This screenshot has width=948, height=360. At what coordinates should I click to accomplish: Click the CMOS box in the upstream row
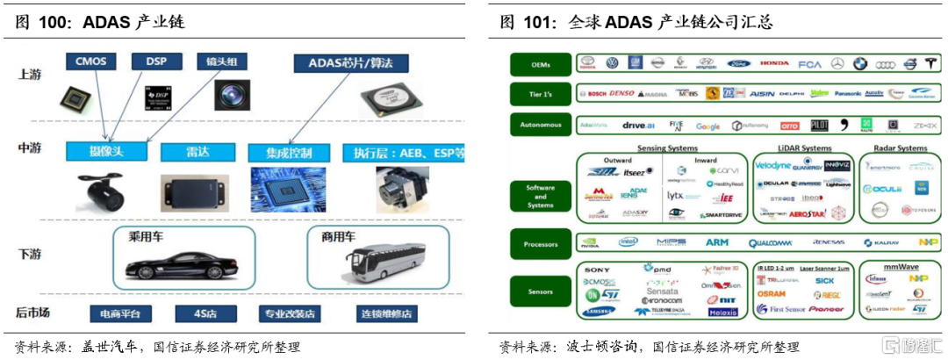[90, 61]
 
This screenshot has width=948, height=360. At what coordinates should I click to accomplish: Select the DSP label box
[156, 61]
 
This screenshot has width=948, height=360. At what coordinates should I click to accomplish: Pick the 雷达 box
[192, 152]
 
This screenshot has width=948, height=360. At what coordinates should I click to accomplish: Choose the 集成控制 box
[288, 152]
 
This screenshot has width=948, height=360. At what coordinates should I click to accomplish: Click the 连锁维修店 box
[376, 313]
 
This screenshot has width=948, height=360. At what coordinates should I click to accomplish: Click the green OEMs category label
[541, 64]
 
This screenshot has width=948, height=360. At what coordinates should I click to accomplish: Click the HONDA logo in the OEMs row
[774, 63]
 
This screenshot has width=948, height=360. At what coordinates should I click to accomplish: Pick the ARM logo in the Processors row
[716, 242]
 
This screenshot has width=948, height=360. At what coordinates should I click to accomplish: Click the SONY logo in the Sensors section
[597, 268]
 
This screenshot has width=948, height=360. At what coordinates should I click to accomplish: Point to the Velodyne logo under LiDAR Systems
[773, 164]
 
